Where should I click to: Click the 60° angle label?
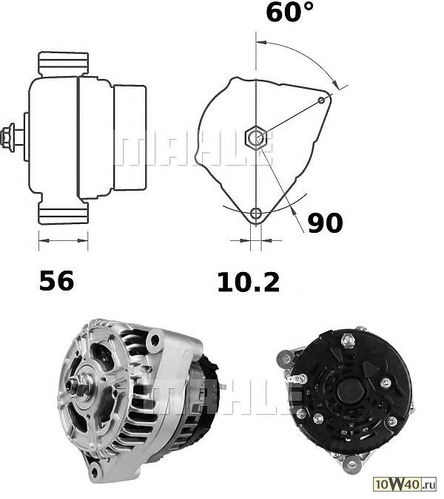point(289,12)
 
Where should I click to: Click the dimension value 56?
point(57,280)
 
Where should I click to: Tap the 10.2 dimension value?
point(249,282)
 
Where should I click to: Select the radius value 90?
point(325,223)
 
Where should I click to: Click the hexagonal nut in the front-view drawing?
point(255,138)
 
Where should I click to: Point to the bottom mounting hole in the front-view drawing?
point(256,214)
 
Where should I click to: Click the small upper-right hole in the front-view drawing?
point(322,101)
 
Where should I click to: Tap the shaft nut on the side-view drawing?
point(7,138)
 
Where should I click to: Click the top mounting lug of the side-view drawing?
point(63,64)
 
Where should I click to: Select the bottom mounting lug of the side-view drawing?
point(63,213)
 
